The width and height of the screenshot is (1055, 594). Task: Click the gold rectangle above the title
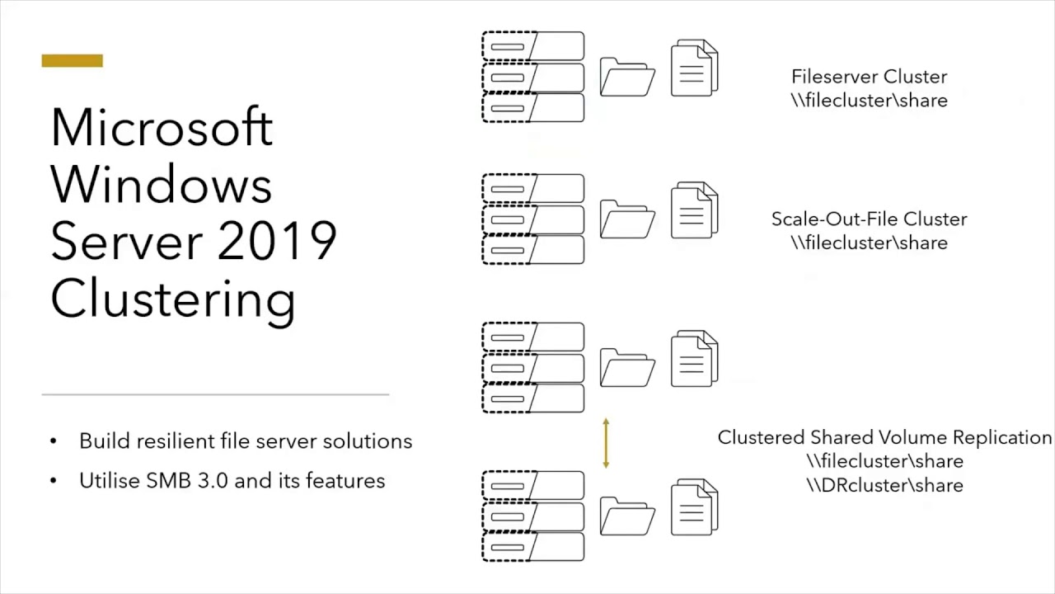coord(72,61)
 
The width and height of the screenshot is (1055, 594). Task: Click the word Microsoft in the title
coord(162,128)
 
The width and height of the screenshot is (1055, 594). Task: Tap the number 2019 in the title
coord(278,242)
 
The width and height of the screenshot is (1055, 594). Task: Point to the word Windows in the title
coord(161,185)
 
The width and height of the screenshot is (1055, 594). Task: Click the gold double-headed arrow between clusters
coord(606,443)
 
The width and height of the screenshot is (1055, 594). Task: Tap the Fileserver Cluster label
coord(869,77)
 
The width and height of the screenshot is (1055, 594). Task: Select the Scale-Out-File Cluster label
coord(869,219)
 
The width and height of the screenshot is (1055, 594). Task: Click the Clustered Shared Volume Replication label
coord(884,437)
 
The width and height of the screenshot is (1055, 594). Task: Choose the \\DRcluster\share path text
coord(884,485)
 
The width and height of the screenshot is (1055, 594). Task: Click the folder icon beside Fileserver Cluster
coord(627,78)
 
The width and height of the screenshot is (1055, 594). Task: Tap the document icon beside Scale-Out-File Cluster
coord(695,210)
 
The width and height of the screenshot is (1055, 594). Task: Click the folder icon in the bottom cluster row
coord(627,516)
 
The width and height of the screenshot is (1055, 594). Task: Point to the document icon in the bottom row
coord(695,507)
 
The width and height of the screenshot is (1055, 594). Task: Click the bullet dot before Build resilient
coord(54,441)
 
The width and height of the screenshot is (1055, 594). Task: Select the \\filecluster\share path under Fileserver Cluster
coord(869,101)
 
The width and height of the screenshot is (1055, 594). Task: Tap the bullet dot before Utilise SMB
coord(54,481)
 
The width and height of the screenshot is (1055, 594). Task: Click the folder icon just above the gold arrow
coord(627,368)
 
